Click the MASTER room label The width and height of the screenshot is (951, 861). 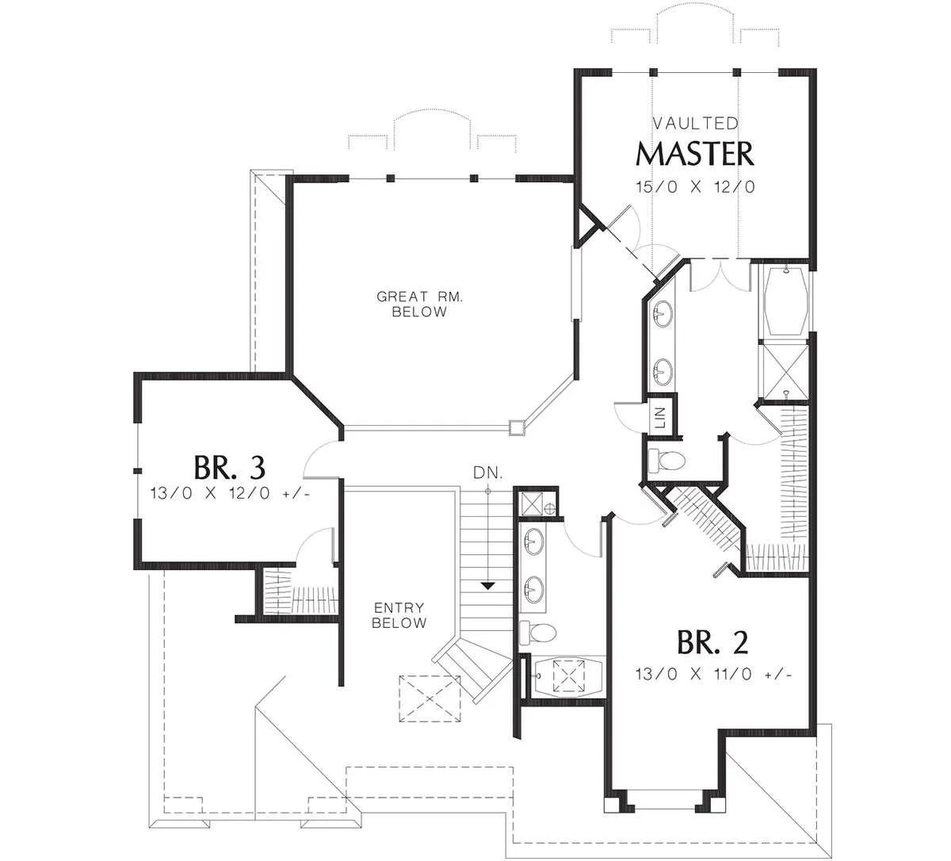point(694,154)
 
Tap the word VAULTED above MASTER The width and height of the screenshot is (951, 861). point(696,124)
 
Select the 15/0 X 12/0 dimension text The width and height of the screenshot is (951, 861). point(695,187)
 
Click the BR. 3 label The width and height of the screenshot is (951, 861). point(230,467)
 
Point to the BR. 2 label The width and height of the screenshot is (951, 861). point(712,642)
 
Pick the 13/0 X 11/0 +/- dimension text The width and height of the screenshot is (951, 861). point(713,674)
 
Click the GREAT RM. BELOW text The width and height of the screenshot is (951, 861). point(419,304)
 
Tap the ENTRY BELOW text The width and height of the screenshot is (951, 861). point(399,614)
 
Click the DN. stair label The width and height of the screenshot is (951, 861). point(488,473)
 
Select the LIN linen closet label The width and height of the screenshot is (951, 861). point(660,418)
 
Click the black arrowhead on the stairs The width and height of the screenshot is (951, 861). point(488,585)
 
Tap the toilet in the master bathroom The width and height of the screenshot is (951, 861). point(666,460)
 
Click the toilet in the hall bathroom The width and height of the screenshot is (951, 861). point(538,633)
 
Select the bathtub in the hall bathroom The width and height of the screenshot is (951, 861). point(567,676)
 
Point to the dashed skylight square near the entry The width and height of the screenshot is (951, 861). point(430,698)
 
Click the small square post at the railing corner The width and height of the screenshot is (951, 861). point(517,427)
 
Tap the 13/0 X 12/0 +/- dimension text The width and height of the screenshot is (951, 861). point(231,493)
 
